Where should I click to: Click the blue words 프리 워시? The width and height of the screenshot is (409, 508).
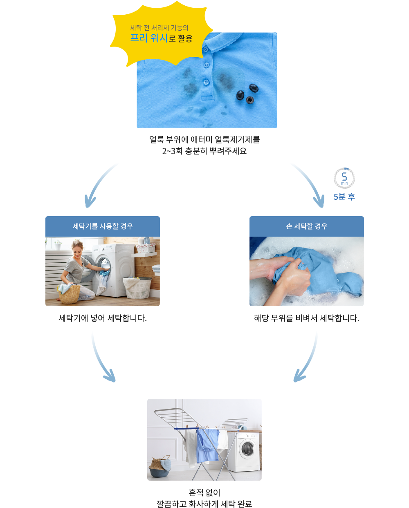click(x=148, y=38)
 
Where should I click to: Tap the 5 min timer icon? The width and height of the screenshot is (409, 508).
click(x=344, y=178)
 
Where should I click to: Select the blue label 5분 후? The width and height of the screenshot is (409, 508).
click(x=344, y=197)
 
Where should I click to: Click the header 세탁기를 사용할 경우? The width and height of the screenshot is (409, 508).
click(x=103, y=226)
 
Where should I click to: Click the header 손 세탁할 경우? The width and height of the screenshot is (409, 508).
click(x=306, y=226)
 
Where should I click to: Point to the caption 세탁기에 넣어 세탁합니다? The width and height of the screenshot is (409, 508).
click(x=103, y=318)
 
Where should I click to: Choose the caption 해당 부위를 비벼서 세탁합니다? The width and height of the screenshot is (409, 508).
click(x=306, y=318)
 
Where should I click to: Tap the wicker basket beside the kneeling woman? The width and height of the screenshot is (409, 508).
click(x=69, y=293)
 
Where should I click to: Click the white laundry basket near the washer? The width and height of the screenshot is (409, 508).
click(x=137, y=288)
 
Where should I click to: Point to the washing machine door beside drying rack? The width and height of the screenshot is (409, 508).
click(x=247, y=448)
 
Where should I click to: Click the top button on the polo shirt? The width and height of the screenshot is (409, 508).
click(x=205, y=49)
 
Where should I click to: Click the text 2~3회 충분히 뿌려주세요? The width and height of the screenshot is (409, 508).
click(x=204, y=151)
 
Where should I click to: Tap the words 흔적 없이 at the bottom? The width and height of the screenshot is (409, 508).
click(x=204, y=492)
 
